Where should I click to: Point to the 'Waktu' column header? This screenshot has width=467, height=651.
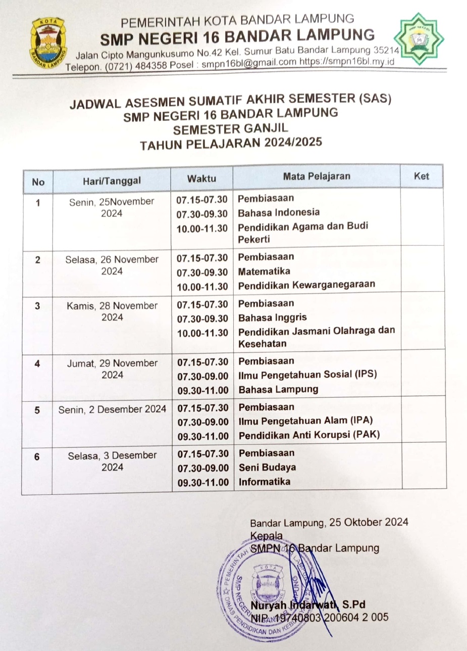tap(201, 178)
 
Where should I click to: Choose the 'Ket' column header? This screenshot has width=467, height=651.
tap(421, 176)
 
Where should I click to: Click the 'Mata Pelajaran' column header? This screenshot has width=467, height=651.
tap(317, 176)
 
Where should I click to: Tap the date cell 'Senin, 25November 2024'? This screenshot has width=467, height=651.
tap(112, 207)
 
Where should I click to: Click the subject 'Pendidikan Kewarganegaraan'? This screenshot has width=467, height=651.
tap(306, 284)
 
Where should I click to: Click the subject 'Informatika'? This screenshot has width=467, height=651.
tap(265, 482)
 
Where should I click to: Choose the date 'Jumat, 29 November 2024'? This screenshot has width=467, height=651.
tap(112, 369)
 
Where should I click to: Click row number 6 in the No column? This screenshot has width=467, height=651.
tap(36, 456)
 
